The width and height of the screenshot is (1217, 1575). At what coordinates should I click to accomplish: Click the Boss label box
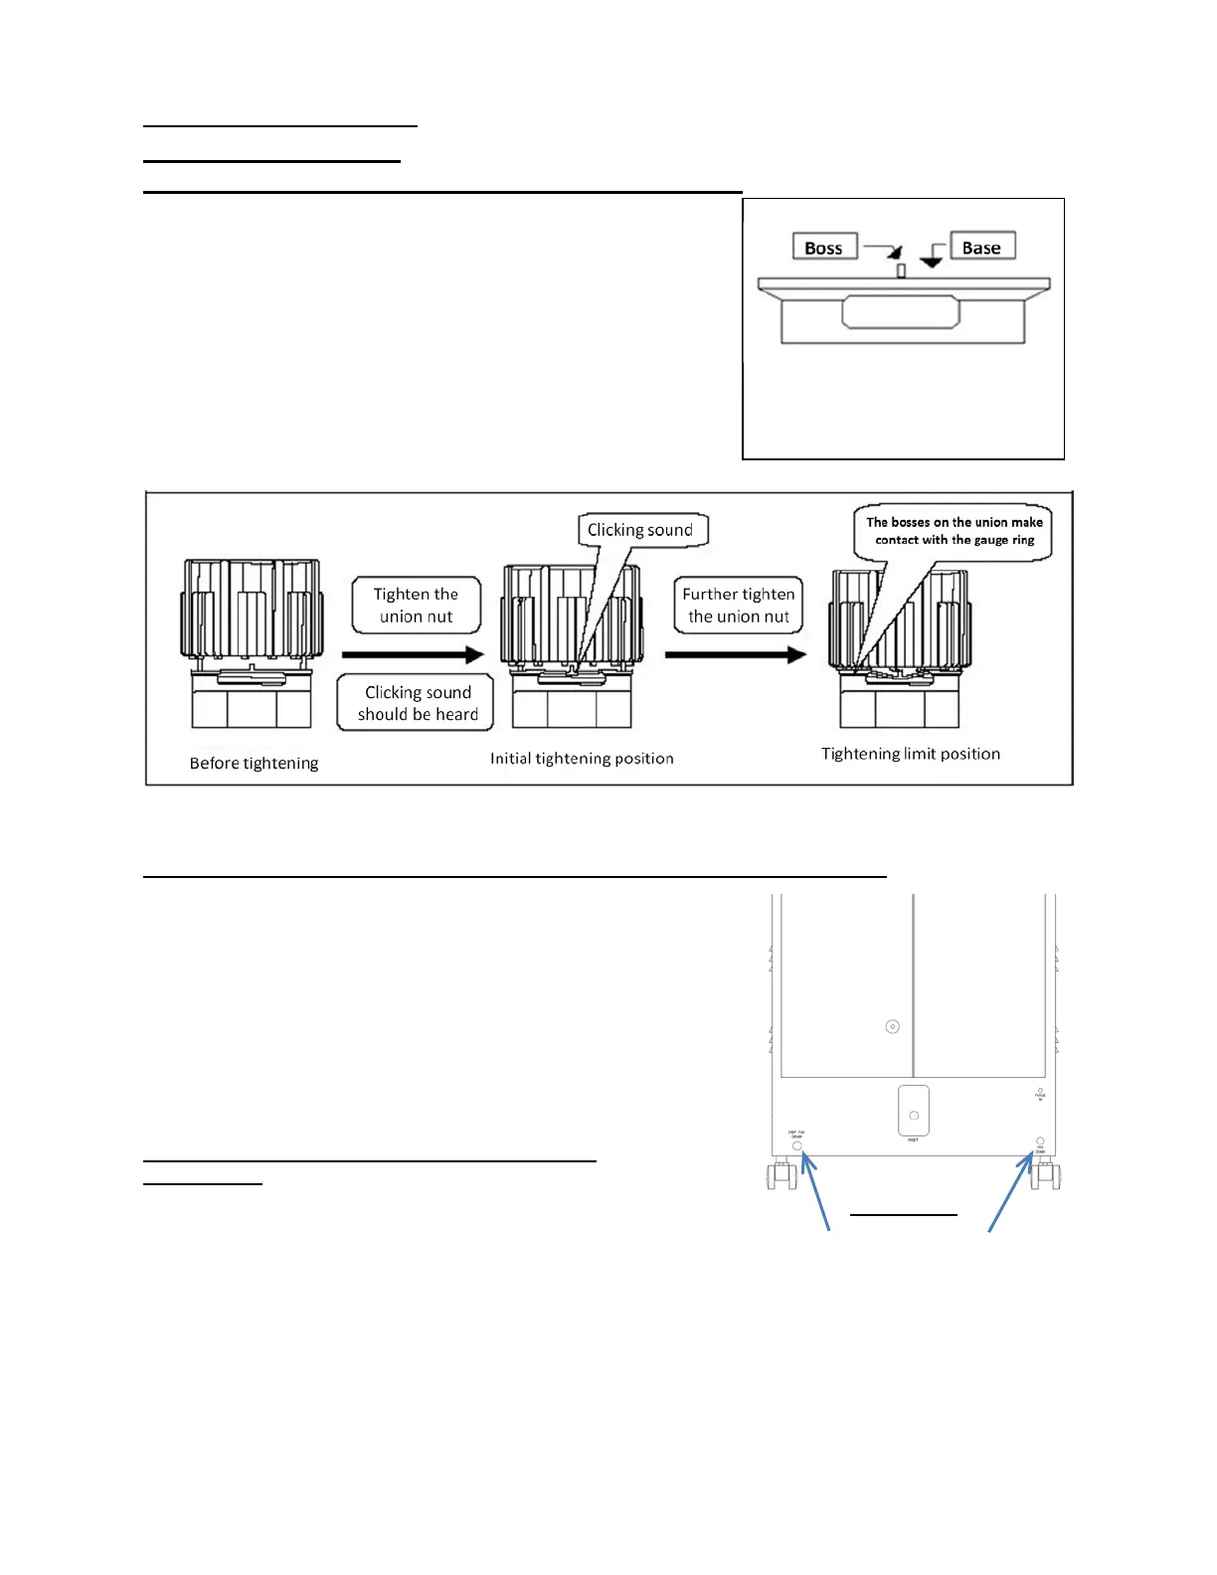824,247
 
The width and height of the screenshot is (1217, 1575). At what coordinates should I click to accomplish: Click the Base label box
981,247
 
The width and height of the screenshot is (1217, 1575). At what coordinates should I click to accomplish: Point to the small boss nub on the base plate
901,270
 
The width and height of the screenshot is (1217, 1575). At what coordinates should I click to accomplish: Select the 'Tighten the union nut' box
416,605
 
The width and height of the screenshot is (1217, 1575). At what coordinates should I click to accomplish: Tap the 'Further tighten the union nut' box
738,605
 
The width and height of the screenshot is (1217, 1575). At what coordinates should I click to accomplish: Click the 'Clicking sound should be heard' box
417,703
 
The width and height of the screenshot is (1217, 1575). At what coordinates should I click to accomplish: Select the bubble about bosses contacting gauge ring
954,531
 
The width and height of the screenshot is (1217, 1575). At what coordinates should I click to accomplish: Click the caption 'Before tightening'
254,763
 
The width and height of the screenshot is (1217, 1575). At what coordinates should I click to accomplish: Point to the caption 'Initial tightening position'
582,759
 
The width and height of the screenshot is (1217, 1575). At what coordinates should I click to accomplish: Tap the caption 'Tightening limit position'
911,754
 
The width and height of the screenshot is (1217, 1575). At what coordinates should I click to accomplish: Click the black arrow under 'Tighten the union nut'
412,654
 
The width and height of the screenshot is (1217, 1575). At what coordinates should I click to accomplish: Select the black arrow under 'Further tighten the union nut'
735,654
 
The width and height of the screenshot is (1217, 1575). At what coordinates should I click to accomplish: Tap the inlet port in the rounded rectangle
914,1115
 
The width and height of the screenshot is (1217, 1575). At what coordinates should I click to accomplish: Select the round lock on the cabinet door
892,1026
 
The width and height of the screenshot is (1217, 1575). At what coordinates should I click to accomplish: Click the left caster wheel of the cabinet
781,1176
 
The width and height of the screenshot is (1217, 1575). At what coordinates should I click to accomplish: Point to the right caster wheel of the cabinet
1046,1176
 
